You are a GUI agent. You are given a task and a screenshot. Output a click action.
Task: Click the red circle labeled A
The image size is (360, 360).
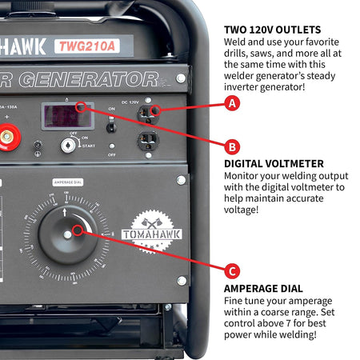tap(232, 103)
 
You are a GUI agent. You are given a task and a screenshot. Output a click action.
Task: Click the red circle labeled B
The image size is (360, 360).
tap(232, 147)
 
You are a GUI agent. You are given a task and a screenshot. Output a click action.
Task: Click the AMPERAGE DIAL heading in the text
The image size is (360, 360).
tap(263, 288)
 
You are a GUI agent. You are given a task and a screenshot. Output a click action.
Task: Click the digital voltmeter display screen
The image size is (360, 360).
tap(67, 116)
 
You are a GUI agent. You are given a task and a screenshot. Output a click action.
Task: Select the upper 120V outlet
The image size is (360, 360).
tap(147, 114)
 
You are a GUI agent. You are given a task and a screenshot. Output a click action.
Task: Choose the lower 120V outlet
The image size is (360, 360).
tap(147, 142)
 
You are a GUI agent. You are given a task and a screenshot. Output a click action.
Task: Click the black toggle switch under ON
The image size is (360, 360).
tap(111, 126)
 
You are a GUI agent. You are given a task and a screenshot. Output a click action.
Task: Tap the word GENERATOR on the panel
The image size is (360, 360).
tap(88, 79)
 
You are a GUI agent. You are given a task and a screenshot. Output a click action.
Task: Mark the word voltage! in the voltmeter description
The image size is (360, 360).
tap(246, 210)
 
